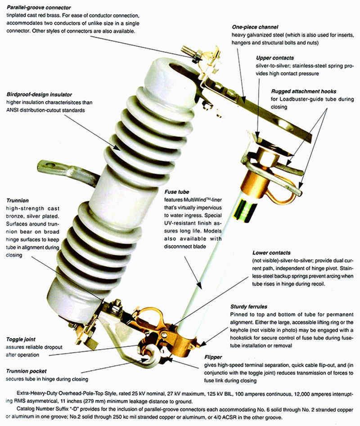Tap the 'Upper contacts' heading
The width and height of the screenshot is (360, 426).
tap(274, 58)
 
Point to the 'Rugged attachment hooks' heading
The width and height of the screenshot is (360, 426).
tap(304, 91)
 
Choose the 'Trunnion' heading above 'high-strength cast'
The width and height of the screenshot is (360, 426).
tap(18, 200)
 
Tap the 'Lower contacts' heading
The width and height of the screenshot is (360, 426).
tap(271, 253)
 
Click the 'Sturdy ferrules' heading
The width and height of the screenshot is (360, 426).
tap(250, 305)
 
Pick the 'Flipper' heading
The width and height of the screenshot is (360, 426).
tap(213, 356)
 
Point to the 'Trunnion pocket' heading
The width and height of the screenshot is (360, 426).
tap(27, 371)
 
